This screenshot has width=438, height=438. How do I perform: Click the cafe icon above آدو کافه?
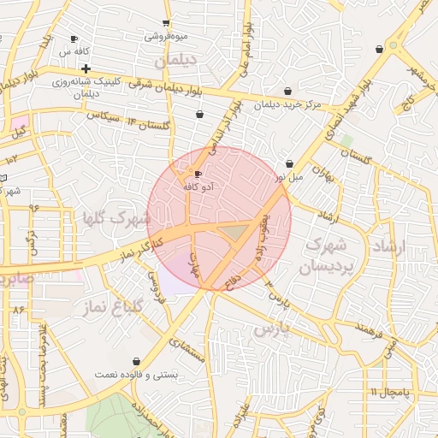click(x=198, y=174)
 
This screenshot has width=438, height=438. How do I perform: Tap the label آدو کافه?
click(x=199, y=186)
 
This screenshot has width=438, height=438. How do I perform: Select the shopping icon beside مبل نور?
click(x=289, y=163)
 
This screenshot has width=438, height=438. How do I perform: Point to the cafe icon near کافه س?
click(x=74, y=38)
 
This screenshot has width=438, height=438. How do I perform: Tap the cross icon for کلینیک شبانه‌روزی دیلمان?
click(x=86, y=68)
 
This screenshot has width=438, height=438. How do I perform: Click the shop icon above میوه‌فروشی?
click(x=166, y=23)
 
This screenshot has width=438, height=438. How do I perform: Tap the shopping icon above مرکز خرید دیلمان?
click(x=287, y=92)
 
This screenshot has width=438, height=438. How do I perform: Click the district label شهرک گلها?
click(x=115, y=217)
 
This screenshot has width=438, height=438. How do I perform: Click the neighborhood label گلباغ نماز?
click(x=110, y=305)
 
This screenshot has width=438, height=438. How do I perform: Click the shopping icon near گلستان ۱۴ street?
click(x=199, y=114)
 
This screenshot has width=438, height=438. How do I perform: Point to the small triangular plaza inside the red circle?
click(x=232, y=232)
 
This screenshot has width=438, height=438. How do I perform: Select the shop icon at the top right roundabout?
click(x=379, y=50)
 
